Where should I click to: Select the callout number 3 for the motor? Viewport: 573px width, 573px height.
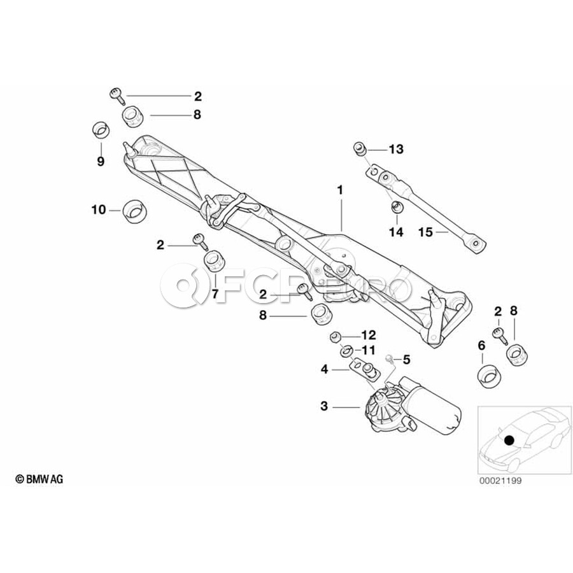[324, 406]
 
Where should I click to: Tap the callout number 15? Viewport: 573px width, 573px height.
[425, 232]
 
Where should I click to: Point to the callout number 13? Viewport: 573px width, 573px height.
[396, 150]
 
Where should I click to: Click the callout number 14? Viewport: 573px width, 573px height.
[396, 232]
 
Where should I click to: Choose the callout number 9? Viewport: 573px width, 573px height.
[100, 162]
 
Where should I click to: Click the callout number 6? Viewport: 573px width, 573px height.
[481, 345]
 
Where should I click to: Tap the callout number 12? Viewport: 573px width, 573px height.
[369, 335]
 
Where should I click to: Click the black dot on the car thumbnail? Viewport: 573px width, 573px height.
[509, 439]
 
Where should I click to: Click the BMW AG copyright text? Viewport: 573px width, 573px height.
[39, 478]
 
